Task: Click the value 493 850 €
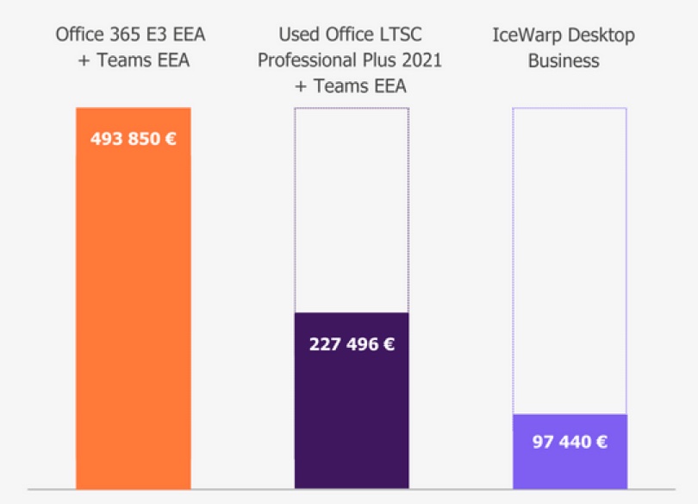tap(133, 138)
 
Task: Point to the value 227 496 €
tap(352, 344)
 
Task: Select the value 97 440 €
tap(570, 442)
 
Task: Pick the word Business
tap(564, 60)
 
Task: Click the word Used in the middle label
tap(299, 36)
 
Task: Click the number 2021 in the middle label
tap(421, 60)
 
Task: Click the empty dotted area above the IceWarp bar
tap(570, 259)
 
